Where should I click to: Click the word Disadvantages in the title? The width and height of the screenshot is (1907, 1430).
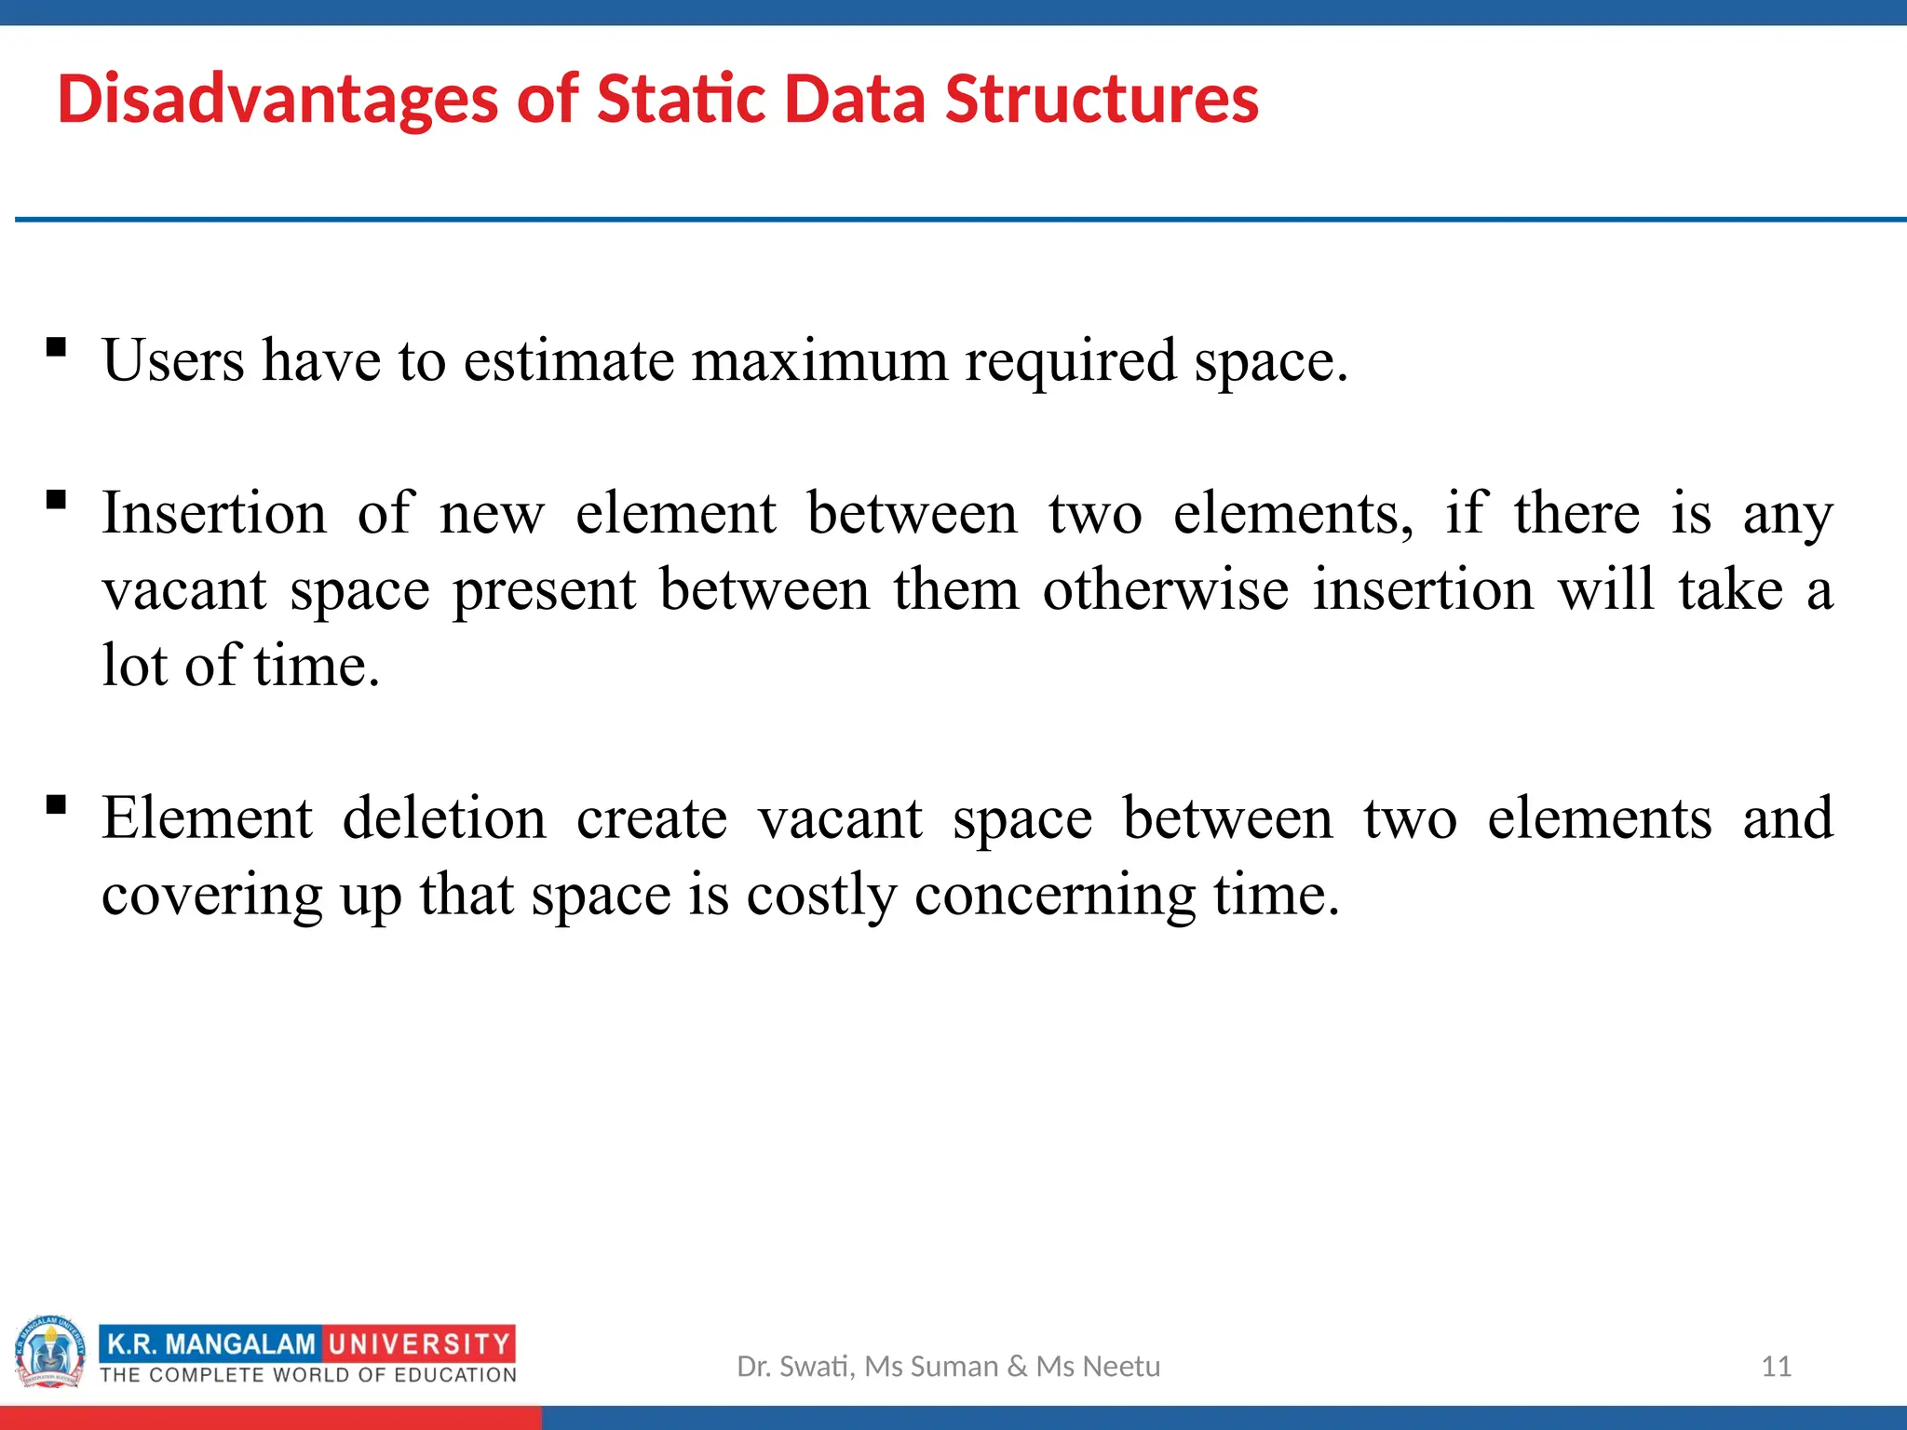277,100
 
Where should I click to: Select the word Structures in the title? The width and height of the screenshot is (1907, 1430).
1101,100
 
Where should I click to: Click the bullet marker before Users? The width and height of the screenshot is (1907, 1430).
57,348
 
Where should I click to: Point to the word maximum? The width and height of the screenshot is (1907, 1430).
818,361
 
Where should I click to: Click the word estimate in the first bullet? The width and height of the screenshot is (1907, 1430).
568,361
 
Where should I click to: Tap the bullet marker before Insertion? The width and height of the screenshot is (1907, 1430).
57,501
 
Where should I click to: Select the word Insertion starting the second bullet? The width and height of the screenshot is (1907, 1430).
214,514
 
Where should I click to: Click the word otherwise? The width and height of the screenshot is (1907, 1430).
1165,590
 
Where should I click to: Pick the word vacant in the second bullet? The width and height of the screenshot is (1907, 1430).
184,590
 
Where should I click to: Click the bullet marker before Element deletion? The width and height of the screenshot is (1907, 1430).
57,804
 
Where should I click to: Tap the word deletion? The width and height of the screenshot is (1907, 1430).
444,819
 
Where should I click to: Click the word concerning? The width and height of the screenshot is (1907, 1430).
1055,896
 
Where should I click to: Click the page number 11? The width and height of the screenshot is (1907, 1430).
1776,1367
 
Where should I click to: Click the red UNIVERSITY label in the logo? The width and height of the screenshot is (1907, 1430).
419,1344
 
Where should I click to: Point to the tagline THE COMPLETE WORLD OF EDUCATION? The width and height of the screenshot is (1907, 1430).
308,1375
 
